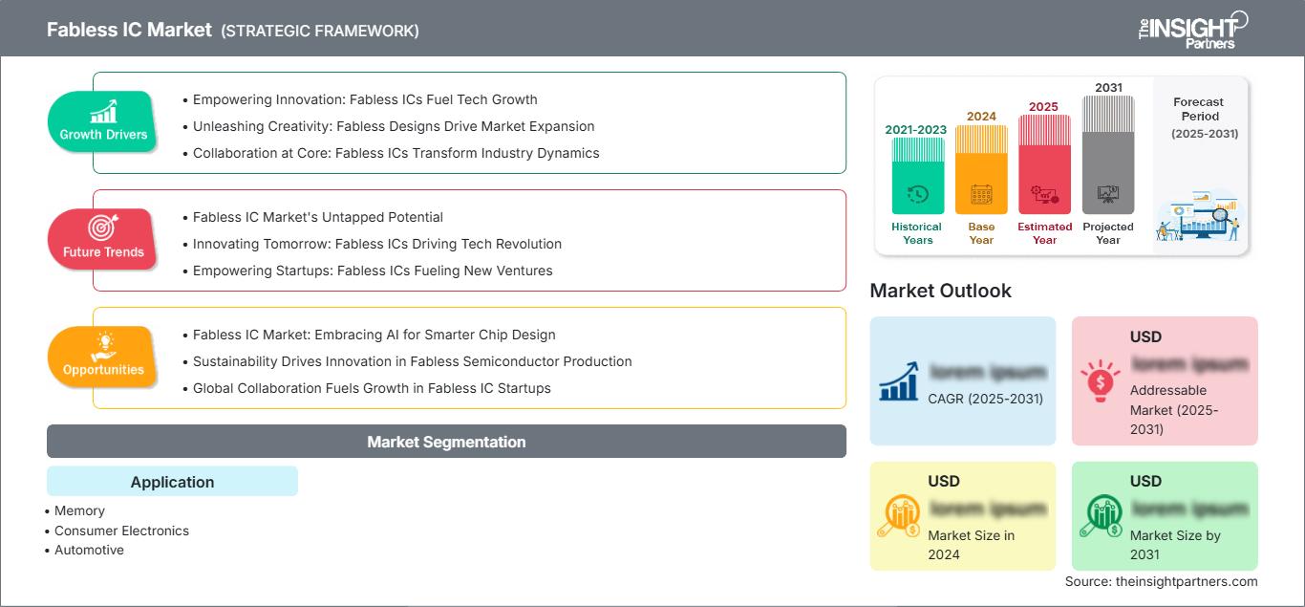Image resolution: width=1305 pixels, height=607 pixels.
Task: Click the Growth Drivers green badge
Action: tap(103, 121)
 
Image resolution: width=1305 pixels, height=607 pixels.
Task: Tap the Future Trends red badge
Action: tap(103, 239)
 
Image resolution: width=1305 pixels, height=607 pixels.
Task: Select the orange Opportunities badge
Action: tap(103, 357)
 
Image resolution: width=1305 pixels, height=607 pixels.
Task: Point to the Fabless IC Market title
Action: tap(130, 30)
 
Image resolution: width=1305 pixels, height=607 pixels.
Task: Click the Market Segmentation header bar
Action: tap(446, 442)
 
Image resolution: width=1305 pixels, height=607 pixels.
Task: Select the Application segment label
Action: tap(172, 482)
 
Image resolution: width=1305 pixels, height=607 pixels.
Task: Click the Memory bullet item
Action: tap(79, 510)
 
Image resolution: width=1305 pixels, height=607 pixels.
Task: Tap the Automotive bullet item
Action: tap(89, 550)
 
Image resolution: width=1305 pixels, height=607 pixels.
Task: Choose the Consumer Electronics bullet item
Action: tap(121, 531)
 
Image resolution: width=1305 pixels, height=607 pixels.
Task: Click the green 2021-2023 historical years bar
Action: tap(917, 177)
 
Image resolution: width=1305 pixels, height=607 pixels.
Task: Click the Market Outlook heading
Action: tap(940, 291)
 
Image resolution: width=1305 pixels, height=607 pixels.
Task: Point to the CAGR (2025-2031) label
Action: tap(986, 399)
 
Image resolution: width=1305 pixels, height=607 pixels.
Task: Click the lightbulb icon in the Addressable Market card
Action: tap(1099, 381)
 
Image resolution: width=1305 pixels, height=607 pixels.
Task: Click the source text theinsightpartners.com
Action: tap(1161, 581)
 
